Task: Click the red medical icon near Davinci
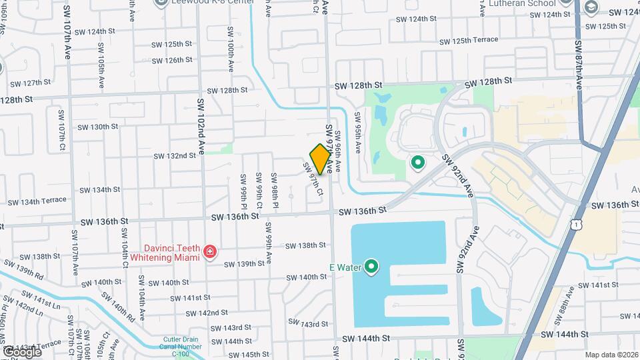click(210, 252)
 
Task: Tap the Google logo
click(21, 351)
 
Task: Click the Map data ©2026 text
click(611, 355)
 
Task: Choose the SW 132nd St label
click(175, 156)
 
